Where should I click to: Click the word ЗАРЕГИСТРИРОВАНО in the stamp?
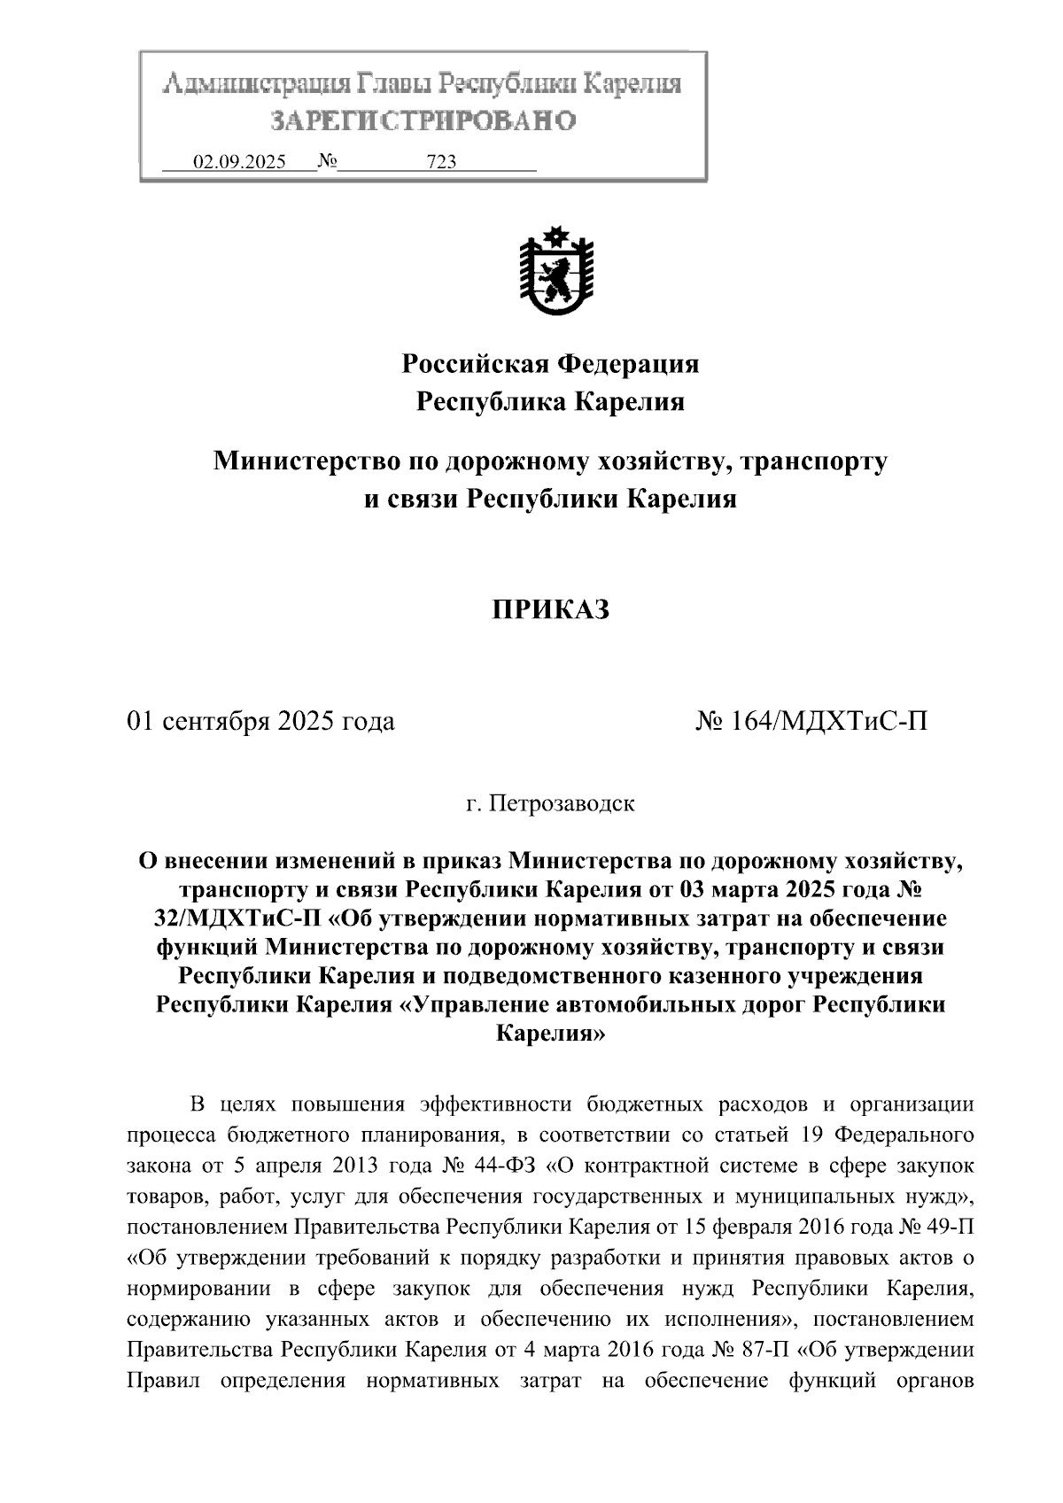point(423,120)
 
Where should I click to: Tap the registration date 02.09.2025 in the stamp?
point(239,162)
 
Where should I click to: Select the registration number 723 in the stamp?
point(441,162)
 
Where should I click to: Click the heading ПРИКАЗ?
point(551,610)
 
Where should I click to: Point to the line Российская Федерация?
point(551,363)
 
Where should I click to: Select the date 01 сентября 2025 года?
point(261,722)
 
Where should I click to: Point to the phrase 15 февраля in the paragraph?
point(731,1228)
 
